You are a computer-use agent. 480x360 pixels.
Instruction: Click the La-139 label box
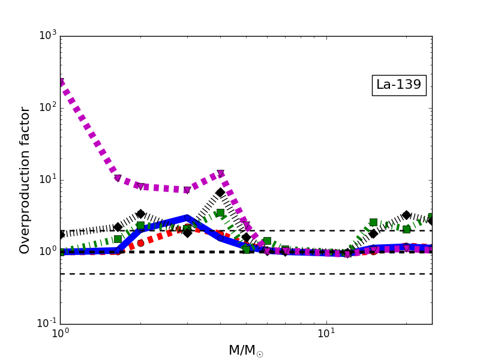399,85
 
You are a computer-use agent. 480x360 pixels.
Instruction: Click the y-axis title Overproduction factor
25,180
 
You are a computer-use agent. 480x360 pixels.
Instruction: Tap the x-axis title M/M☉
245,350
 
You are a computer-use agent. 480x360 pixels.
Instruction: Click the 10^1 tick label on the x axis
326,334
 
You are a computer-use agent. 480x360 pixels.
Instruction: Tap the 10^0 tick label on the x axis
60,334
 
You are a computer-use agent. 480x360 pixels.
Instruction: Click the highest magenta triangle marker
61,82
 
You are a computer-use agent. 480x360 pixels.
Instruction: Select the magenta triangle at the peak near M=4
221,173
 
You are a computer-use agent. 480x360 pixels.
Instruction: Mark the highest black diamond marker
220,193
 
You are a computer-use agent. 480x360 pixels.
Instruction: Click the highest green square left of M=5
220,213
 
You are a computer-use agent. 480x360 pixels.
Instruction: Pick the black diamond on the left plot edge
61,235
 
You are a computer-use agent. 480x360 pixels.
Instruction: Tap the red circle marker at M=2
140,243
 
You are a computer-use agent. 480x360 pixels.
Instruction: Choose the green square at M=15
373,222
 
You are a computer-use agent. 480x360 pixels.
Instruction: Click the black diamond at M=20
406,215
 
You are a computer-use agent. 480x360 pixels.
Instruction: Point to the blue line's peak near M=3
187,218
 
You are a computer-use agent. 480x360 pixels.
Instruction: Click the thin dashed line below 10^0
240,274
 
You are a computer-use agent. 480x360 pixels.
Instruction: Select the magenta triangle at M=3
187,190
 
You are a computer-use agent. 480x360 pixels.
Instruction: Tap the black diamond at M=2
140,214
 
